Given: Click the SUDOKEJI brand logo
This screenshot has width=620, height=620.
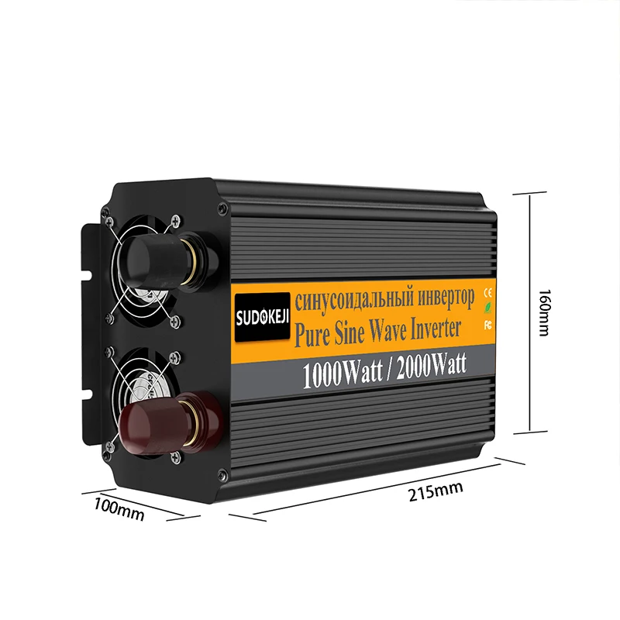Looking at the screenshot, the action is click(x=262, y=316).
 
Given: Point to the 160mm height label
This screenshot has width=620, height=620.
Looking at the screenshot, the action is click(x=544, y=313).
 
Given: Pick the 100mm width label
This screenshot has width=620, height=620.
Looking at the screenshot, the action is click(x=119, y=510).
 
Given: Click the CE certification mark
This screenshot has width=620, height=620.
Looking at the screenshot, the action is click(x=488, y=293).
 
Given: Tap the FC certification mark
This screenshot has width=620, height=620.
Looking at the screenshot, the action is click(x=488, y=325).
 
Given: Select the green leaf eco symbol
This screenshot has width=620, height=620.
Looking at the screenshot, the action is click(x=488, y=307).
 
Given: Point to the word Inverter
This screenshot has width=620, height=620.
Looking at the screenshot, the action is click(x=436, y=329).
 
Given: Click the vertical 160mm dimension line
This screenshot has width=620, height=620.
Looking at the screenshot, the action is click(x=530, y=313).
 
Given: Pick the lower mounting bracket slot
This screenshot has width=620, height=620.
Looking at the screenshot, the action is click(x=87, y=393).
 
